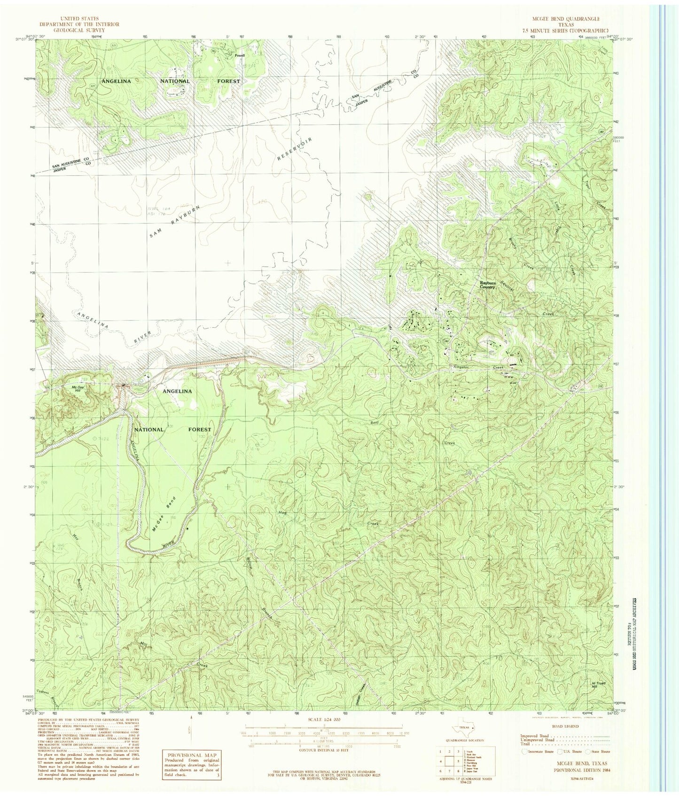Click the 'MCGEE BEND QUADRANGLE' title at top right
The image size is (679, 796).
pos(563,19)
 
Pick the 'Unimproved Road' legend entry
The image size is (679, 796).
pos(536,740)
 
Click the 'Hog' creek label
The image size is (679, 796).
pos(282,512)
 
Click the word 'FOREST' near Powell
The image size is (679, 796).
pos(228,81)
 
